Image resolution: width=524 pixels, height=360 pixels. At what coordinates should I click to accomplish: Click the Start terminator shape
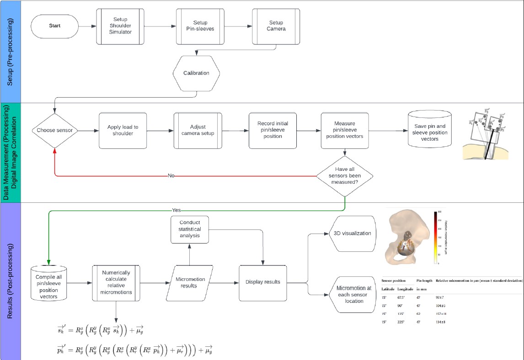(x=54, y=26)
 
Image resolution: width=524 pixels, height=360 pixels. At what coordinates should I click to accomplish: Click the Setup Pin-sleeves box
(x=200, y=26)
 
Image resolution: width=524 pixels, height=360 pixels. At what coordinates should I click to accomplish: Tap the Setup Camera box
(x=276, y=26)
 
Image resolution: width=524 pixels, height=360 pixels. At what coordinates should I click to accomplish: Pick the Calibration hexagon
(x=196, y=73)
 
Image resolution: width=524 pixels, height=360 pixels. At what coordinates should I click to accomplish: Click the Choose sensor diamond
(x=55, y=131)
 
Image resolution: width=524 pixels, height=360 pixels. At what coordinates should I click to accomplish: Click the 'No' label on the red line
(x=171, y=176)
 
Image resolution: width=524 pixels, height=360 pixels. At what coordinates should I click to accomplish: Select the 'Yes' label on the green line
(x=176, y=210)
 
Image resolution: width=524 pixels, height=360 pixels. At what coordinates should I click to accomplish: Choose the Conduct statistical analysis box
(x=189, y=229)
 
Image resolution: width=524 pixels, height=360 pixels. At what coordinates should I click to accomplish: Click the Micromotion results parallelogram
(x=191, y=282)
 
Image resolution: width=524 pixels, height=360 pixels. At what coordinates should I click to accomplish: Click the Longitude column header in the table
(x=405, y=289)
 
